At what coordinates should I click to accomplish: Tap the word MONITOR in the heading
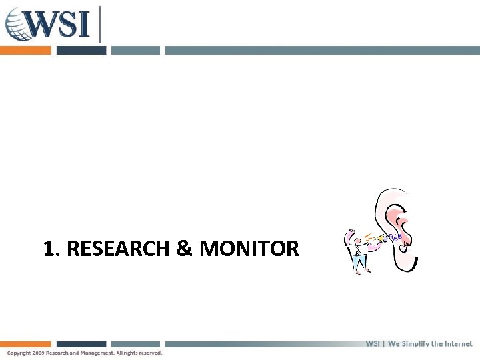click(x=249, y=249)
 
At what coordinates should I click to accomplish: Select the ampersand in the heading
click(x=183, y=249)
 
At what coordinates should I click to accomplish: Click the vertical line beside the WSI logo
click(x=100, y=23)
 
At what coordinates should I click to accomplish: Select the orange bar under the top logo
click(x=25, y=50)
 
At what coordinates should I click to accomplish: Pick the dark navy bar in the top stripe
click(x=81, y=50)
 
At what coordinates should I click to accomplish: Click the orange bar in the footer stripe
click(x=25, y=345)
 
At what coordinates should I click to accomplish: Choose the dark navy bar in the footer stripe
click(x=81, y=345)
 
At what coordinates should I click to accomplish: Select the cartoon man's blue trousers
click(x=361, y=264)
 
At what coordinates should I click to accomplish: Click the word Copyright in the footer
click(x=19, y=353)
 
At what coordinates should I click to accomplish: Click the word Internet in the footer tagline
click(x=456, y=344)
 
